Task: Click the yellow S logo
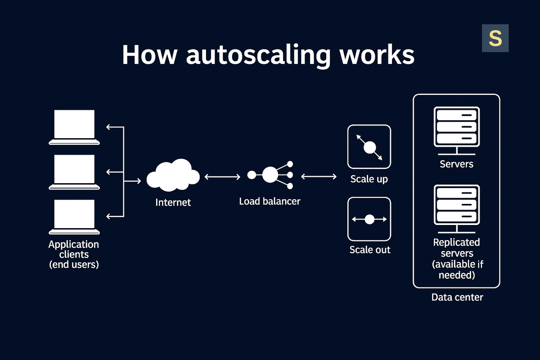(x=495, y=38)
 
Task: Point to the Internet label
(x=173, y=202)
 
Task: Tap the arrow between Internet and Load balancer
(x=222, y=177)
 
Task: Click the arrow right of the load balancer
(x=319, y=177)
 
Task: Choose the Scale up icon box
(x=369, y=147)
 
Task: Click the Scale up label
(x=369, y=179)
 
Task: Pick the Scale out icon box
(x=369, y=219)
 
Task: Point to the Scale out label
(x=370, y=249)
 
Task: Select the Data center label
(x=457, y=297)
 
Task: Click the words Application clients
(x=74, y=249)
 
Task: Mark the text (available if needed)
(x=456, y=270)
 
